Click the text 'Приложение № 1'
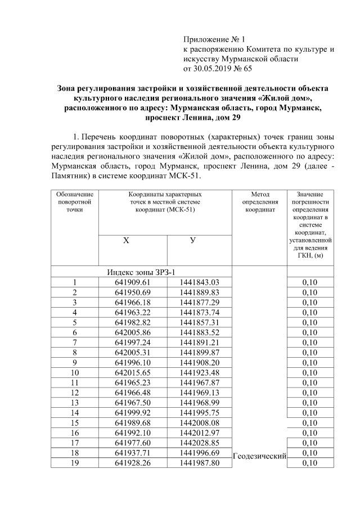tap(215, 39)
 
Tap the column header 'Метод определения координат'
tap(259, 202)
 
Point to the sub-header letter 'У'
tap(192, 241)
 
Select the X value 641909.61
tap(133, 282)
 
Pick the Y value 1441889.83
tap(199, 292)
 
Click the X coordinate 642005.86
tap(133, 333)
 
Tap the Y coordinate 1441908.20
tap(199, 363)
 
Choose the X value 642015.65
tap(133, 373)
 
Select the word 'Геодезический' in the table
tap(260, 455)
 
